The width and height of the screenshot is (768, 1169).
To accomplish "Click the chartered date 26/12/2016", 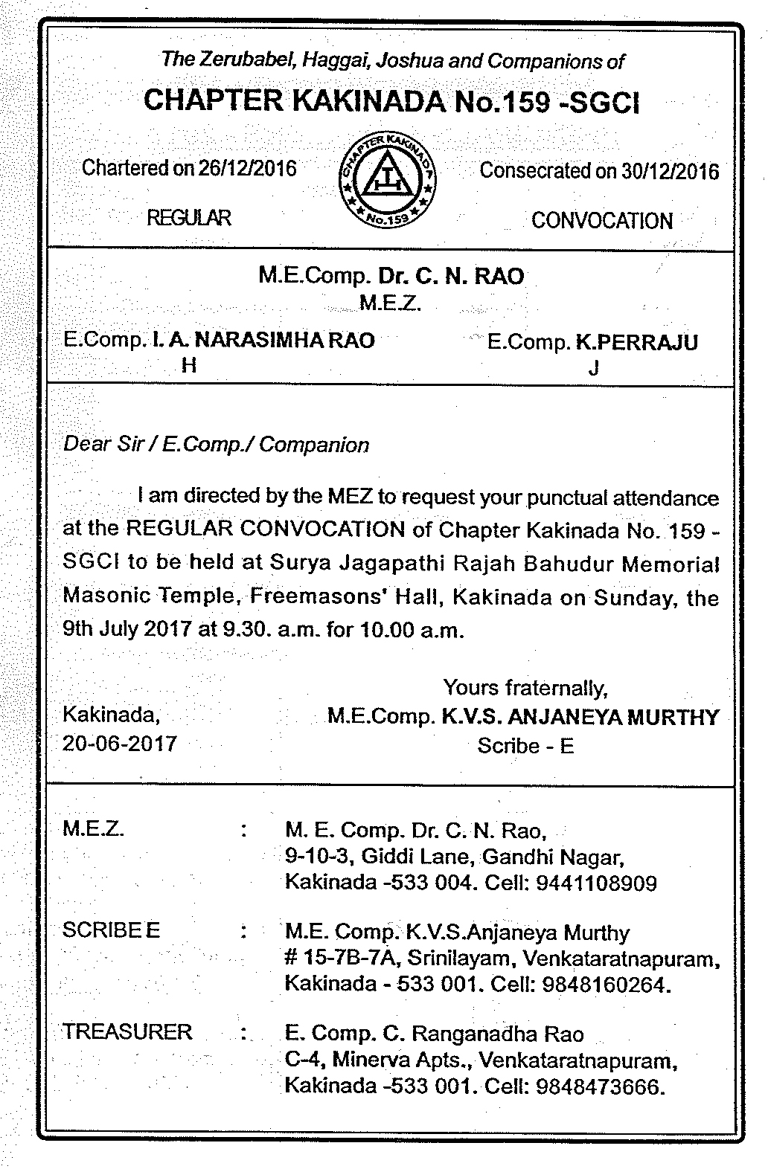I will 247,168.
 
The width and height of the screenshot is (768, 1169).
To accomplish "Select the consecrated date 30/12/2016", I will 670,171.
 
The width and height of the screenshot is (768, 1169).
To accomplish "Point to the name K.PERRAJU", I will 637,342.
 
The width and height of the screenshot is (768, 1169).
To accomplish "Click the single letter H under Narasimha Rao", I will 189,365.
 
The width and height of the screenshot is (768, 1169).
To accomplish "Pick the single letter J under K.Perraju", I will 593,368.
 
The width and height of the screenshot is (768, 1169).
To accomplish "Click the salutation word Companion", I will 314,445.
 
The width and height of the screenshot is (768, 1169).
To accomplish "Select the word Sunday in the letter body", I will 633,598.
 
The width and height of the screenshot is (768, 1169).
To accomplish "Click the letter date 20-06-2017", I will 120,743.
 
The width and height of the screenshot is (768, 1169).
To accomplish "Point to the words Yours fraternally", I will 525,687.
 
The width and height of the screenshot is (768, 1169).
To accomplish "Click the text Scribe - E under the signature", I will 525,745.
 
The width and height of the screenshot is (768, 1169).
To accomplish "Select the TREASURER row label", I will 127,1031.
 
